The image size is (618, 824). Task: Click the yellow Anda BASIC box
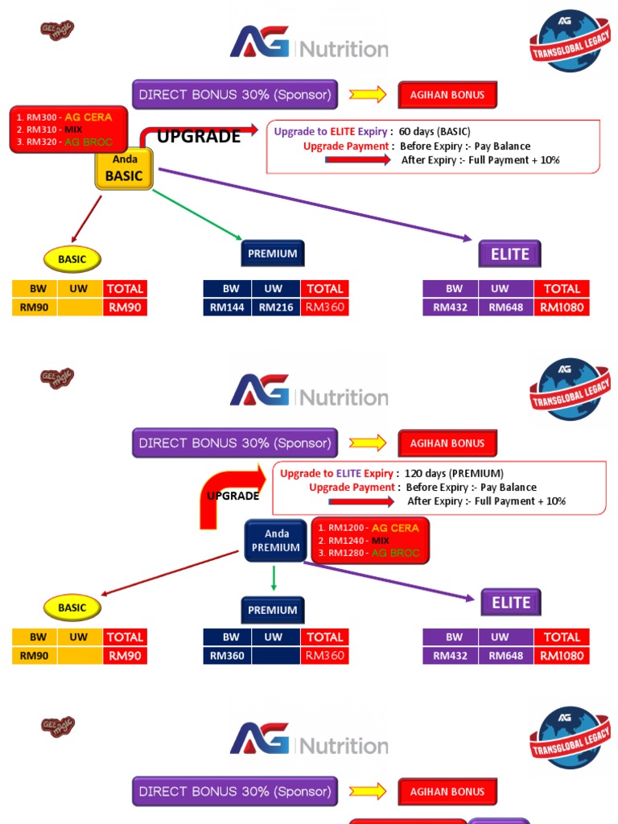pyautogui.click(x=124, y=168)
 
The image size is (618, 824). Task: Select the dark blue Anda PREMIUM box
pyautogui.click(x=275, y=540)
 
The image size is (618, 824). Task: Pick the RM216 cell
pyautogui.click(x=276, y=307)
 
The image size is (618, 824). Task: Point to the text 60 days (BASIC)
pyautogui.click(x=435, y=131)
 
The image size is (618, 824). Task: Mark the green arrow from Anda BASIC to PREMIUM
pyautogui.click(x=197, y=214)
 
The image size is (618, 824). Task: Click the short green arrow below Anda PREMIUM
pyautogui.click(x=274, y=578)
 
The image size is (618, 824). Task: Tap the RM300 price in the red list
pyautogui.click(x=41, y=117)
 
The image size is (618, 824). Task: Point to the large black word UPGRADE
pyautogui.click(x=198, y=136)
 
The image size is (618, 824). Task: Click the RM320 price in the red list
pyautogui.click(x=41, y=142)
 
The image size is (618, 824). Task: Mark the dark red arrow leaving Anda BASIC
pyautogui.click(x=87, y=219)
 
